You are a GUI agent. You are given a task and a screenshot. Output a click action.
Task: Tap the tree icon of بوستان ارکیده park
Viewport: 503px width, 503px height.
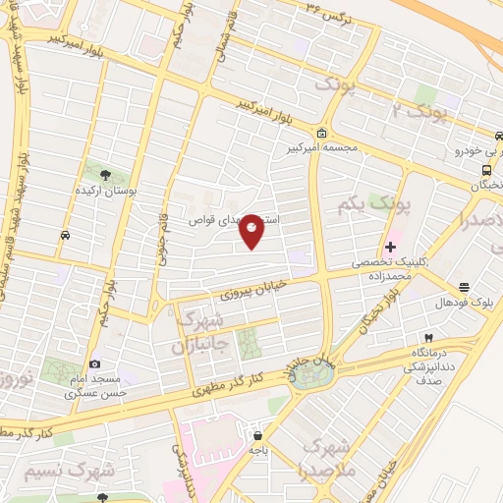[106, 172]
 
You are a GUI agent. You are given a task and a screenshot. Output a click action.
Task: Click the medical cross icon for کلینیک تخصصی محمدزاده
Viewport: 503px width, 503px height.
[391, 246]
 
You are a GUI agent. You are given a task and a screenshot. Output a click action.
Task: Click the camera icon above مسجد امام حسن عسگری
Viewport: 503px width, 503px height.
[94, 364]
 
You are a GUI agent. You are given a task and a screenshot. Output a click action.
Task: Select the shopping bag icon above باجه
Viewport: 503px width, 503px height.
[257, 435]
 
